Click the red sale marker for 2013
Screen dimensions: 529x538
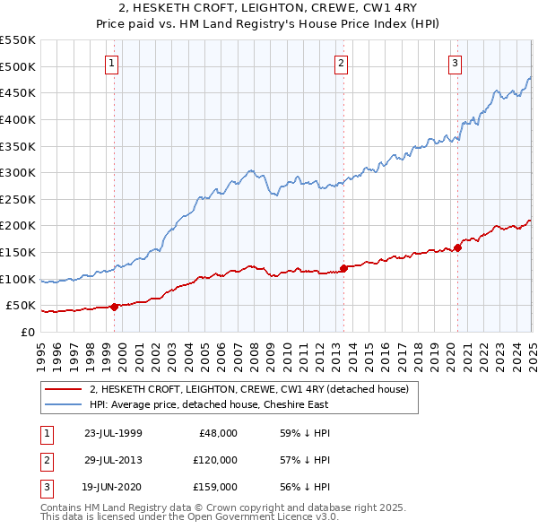pyautogui.click(x=343, y=267)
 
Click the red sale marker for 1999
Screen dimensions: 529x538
pyautogui.click(x=114, y=307)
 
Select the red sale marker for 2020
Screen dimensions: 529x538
pyautogui.click(x=457, y=247)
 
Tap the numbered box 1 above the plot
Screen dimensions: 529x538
pyautogui.click(x=111, y=63)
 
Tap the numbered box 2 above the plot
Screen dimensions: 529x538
pyautogui.click(x=342, y=63)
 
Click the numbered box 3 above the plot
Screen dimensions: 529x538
pyautogui.click(x=456, y=63)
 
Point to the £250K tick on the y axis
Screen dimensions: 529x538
pyautogui.click(x=17, y=199)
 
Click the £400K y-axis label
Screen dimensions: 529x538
pyautogui.click(x=17, y=119)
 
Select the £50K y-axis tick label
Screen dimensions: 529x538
pyautogui.click(x=21, y=306)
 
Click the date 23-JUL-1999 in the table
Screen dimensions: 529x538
pyautogui.click(x=113, y=433)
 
